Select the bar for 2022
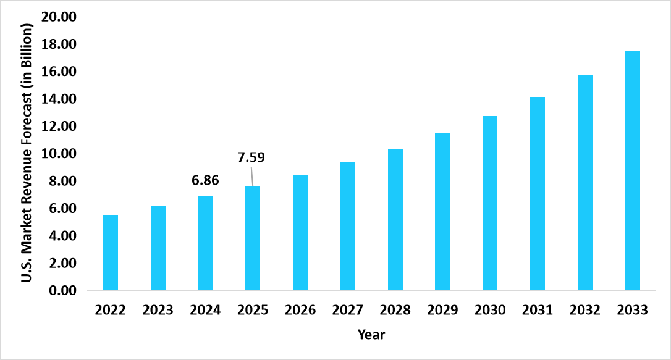(x=111, y=253)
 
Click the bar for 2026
(x=300, y=233)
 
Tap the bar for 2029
(x=442, y=212)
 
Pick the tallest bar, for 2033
(x=632, y=170)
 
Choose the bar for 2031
(x=538, y=193)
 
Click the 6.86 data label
(x=205, y=181)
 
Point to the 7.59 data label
(x=251, y=157)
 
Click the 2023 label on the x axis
(x=158, y=310)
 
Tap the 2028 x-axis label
(x=395, y=310)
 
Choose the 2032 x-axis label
(x=584, y=310)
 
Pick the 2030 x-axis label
(x=490, y=310)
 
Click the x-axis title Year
(x=371, y=335)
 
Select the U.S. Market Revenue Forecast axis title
(x=27, y=153)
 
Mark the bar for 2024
(x=205, y=243)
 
